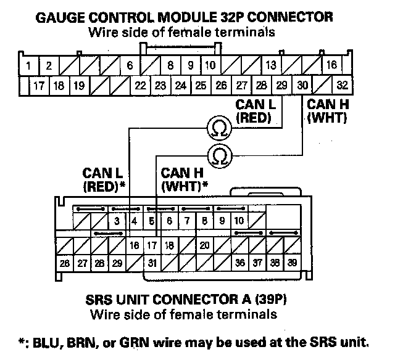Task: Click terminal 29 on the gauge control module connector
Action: [282, 85]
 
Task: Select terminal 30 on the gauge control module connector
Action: [302, 85]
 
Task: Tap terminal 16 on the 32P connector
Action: [331, 65]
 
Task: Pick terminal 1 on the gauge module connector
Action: [29, 65]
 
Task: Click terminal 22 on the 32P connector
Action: [140, 85]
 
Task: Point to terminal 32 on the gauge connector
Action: [343, 85]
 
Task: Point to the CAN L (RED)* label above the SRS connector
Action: [104, 178]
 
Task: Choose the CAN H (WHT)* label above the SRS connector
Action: [184, 178]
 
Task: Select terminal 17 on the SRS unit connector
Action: [152, 245]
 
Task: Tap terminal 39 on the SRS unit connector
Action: [291, 263]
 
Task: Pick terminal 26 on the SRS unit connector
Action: [64, 263]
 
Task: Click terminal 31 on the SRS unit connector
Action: [152, 263]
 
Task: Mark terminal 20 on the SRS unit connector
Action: [205, 245]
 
